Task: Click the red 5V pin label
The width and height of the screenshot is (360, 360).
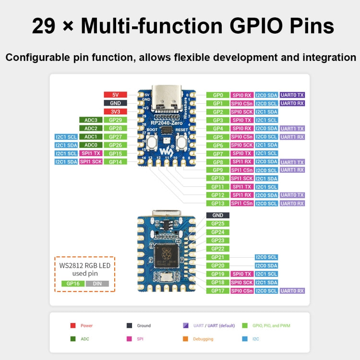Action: click(x=115, y=95)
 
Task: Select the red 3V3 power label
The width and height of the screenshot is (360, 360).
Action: click(x=115, y=111)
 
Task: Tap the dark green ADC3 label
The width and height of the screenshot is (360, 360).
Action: click(x=91, y=120)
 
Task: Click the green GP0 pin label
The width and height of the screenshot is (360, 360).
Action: click(x=218, y=95)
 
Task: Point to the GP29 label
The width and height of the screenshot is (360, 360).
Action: click(x=115, y=120)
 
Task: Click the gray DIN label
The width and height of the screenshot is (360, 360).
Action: click(x=97, y=284)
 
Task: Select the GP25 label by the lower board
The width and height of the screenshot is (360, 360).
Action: click(x=218, y=224)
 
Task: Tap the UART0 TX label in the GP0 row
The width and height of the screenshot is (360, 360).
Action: click(x=292, y=95)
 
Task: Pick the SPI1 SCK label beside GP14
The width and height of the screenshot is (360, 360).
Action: click(x=91, y=162)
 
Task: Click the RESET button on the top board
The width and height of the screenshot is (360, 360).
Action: click(x=181, y=142)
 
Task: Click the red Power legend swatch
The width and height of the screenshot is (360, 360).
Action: click(x=73, y=325)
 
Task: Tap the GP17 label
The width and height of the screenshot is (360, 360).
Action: click(x=218, y=290)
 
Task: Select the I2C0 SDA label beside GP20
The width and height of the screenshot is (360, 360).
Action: click(x=266, y=265)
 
